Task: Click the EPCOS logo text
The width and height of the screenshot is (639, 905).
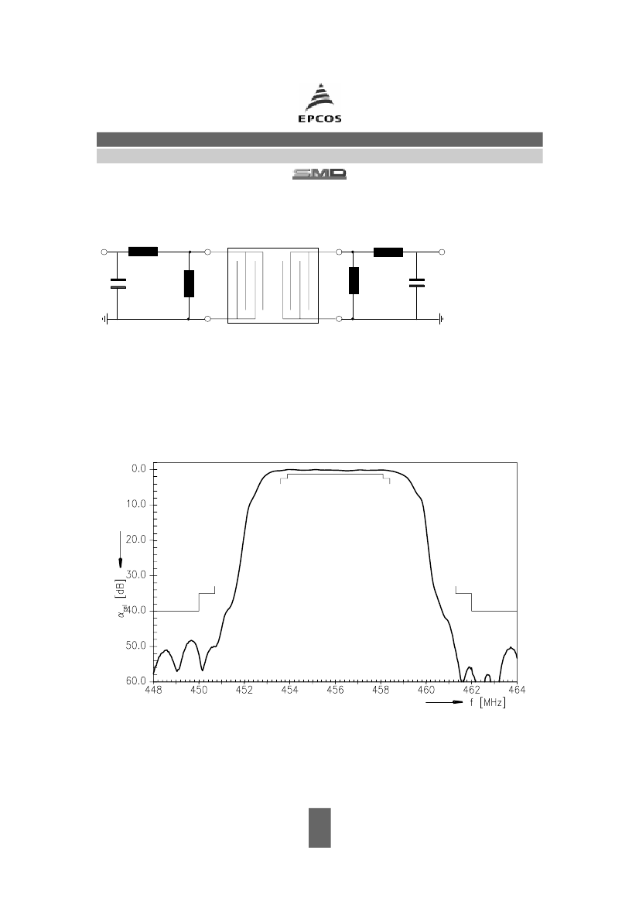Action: pos(319,119)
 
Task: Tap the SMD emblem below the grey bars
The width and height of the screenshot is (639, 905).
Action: pos(319,173)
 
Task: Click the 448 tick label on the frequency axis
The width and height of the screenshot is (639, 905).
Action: pos(153,690)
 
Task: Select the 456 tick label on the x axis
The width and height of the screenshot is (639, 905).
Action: pos(335,690)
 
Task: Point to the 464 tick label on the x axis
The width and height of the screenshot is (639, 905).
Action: pos(517,690)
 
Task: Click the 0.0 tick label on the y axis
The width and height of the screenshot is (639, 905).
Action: pos(140,469)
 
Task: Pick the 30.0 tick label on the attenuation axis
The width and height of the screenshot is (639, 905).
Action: pos(138,575)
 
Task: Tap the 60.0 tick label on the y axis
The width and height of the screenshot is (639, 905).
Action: pos(138,681)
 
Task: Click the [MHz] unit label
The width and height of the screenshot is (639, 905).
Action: pos(493,702)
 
